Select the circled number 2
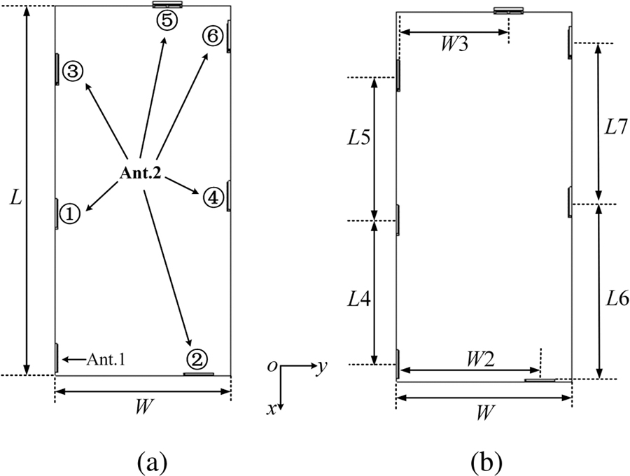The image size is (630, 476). point(197,360)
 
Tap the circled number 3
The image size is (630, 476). point(73,70)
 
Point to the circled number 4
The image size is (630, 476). point(213,198)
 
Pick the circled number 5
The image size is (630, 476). point(168,20)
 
